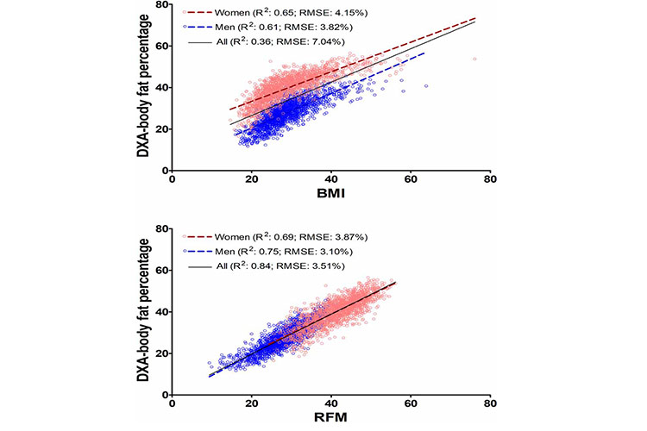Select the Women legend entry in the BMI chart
coord(278,14)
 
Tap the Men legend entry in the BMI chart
coord(272,28)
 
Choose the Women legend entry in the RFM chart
coord(278,236)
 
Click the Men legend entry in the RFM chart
coord(272,250)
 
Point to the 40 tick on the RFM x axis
coord(330,403)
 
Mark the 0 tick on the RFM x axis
coord(173,403)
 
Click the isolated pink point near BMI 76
coord(474,59)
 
